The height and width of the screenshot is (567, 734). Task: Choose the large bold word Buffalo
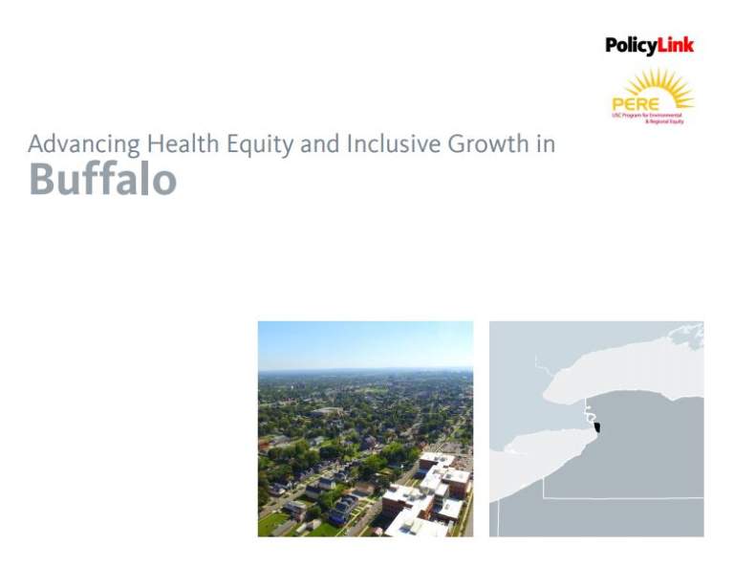(102, 178)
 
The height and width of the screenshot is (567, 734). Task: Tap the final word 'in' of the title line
(546, 144)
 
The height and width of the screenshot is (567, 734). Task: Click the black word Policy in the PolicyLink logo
(631, 45)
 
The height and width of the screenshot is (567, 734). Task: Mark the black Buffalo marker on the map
(597, 427)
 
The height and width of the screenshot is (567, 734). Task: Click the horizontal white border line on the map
(621, 498)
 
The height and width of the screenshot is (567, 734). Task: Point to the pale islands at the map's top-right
(686, 335)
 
